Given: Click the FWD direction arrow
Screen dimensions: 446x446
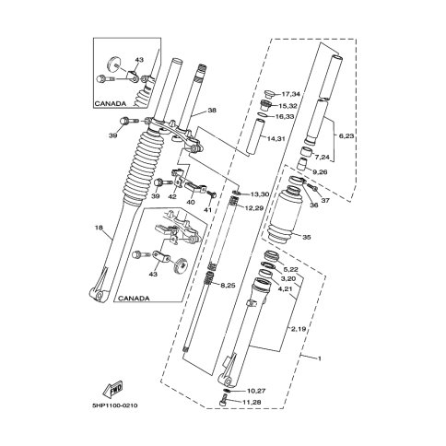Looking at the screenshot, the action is (x=113, y=389).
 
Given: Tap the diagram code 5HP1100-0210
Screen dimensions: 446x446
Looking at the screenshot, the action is (x=115, y=405).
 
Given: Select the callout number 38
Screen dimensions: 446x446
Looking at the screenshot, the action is (x=212, y=110).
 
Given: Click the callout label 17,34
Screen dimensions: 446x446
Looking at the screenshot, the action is (x=291, y=94).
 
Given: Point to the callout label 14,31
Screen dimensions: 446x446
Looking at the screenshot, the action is (x=276, y=139).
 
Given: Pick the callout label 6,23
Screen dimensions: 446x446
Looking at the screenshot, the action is (x=346, y=136).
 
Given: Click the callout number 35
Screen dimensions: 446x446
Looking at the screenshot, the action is (x=307, y=237).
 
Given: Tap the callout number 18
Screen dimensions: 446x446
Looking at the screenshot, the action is (x=99, y=228).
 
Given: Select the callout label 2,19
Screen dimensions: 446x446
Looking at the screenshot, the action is (x=299, y=329).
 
